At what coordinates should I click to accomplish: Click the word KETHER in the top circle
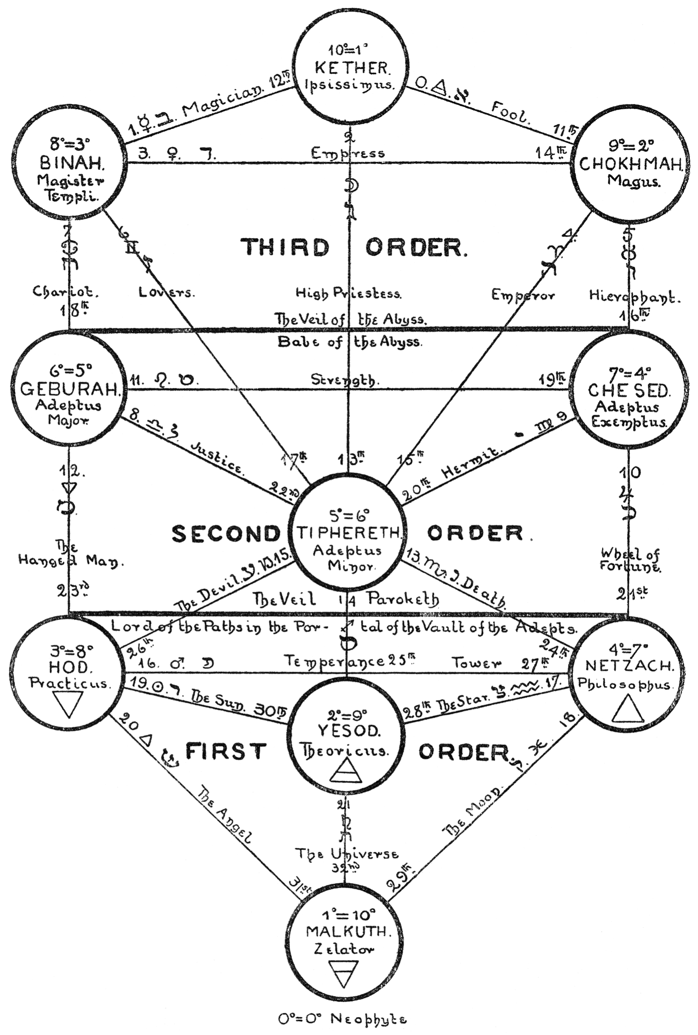coord(353,68)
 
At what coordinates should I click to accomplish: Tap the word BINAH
coord(72,163)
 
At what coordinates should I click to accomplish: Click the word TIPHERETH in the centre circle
coord(349,533)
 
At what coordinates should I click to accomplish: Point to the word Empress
coord(348,154)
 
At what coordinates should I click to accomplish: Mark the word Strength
coord(345,380)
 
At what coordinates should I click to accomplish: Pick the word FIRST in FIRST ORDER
coord(226,751)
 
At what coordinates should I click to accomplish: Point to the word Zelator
coord(343,949)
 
